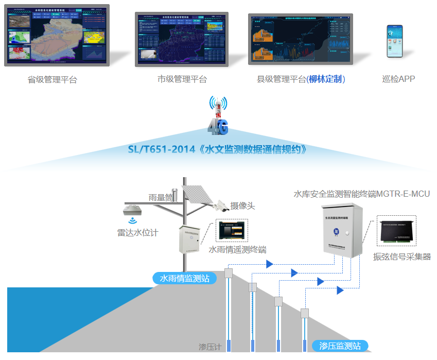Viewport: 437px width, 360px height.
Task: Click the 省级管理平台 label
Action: click(x=53, y=80)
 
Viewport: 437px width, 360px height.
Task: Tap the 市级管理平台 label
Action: click(x=182, y=79)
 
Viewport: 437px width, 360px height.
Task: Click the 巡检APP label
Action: click(x=398, y=79)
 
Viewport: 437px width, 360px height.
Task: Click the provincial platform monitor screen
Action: click(x=57, y=35)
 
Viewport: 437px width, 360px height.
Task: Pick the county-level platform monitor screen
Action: click(x=300, y=39)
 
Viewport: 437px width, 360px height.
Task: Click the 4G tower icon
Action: click(x=218, y=115)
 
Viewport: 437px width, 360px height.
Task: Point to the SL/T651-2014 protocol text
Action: click(x=218, y=150)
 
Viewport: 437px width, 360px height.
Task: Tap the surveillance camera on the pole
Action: click(x=221, y=205)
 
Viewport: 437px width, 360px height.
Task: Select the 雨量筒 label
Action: click(x=159, y=197)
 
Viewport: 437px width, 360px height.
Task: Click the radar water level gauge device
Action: click(x=133, y=210)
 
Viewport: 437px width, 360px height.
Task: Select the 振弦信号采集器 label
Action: click(x=402, y=256)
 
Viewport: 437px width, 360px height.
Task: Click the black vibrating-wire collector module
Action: click(x=396, y=232)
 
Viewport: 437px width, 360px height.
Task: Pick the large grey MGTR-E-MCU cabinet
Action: click(x=341, y=230)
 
